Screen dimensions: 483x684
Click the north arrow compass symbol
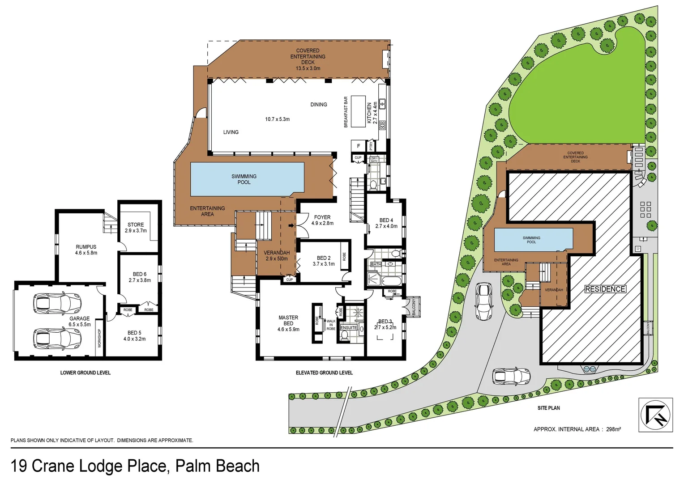click(655, 415)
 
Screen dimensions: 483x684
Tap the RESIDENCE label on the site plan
click(605, 289)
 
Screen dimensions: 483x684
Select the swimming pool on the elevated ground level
click(247, 179)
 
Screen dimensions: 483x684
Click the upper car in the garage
click(58, 303)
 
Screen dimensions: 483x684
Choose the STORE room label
click(136, 225)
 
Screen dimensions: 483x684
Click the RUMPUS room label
click(86, 247)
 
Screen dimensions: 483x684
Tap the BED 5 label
click(134, 333)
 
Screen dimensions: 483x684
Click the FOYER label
click(322, 217)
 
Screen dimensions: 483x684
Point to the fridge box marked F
click(358, 146)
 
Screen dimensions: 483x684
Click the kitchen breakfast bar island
click(358, 111)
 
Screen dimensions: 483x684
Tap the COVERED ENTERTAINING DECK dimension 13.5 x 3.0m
click(308, 68)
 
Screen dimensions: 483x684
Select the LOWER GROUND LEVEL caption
click(85, 373)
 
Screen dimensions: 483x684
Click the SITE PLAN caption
click(548, 408)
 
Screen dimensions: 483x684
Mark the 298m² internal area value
click(613, 429)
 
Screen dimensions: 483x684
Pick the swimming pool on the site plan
click(533, 240)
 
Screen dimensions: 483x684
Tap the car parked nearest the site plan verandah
click(484, 301)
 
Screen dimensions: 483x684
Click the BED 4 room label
click(386, 220)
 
